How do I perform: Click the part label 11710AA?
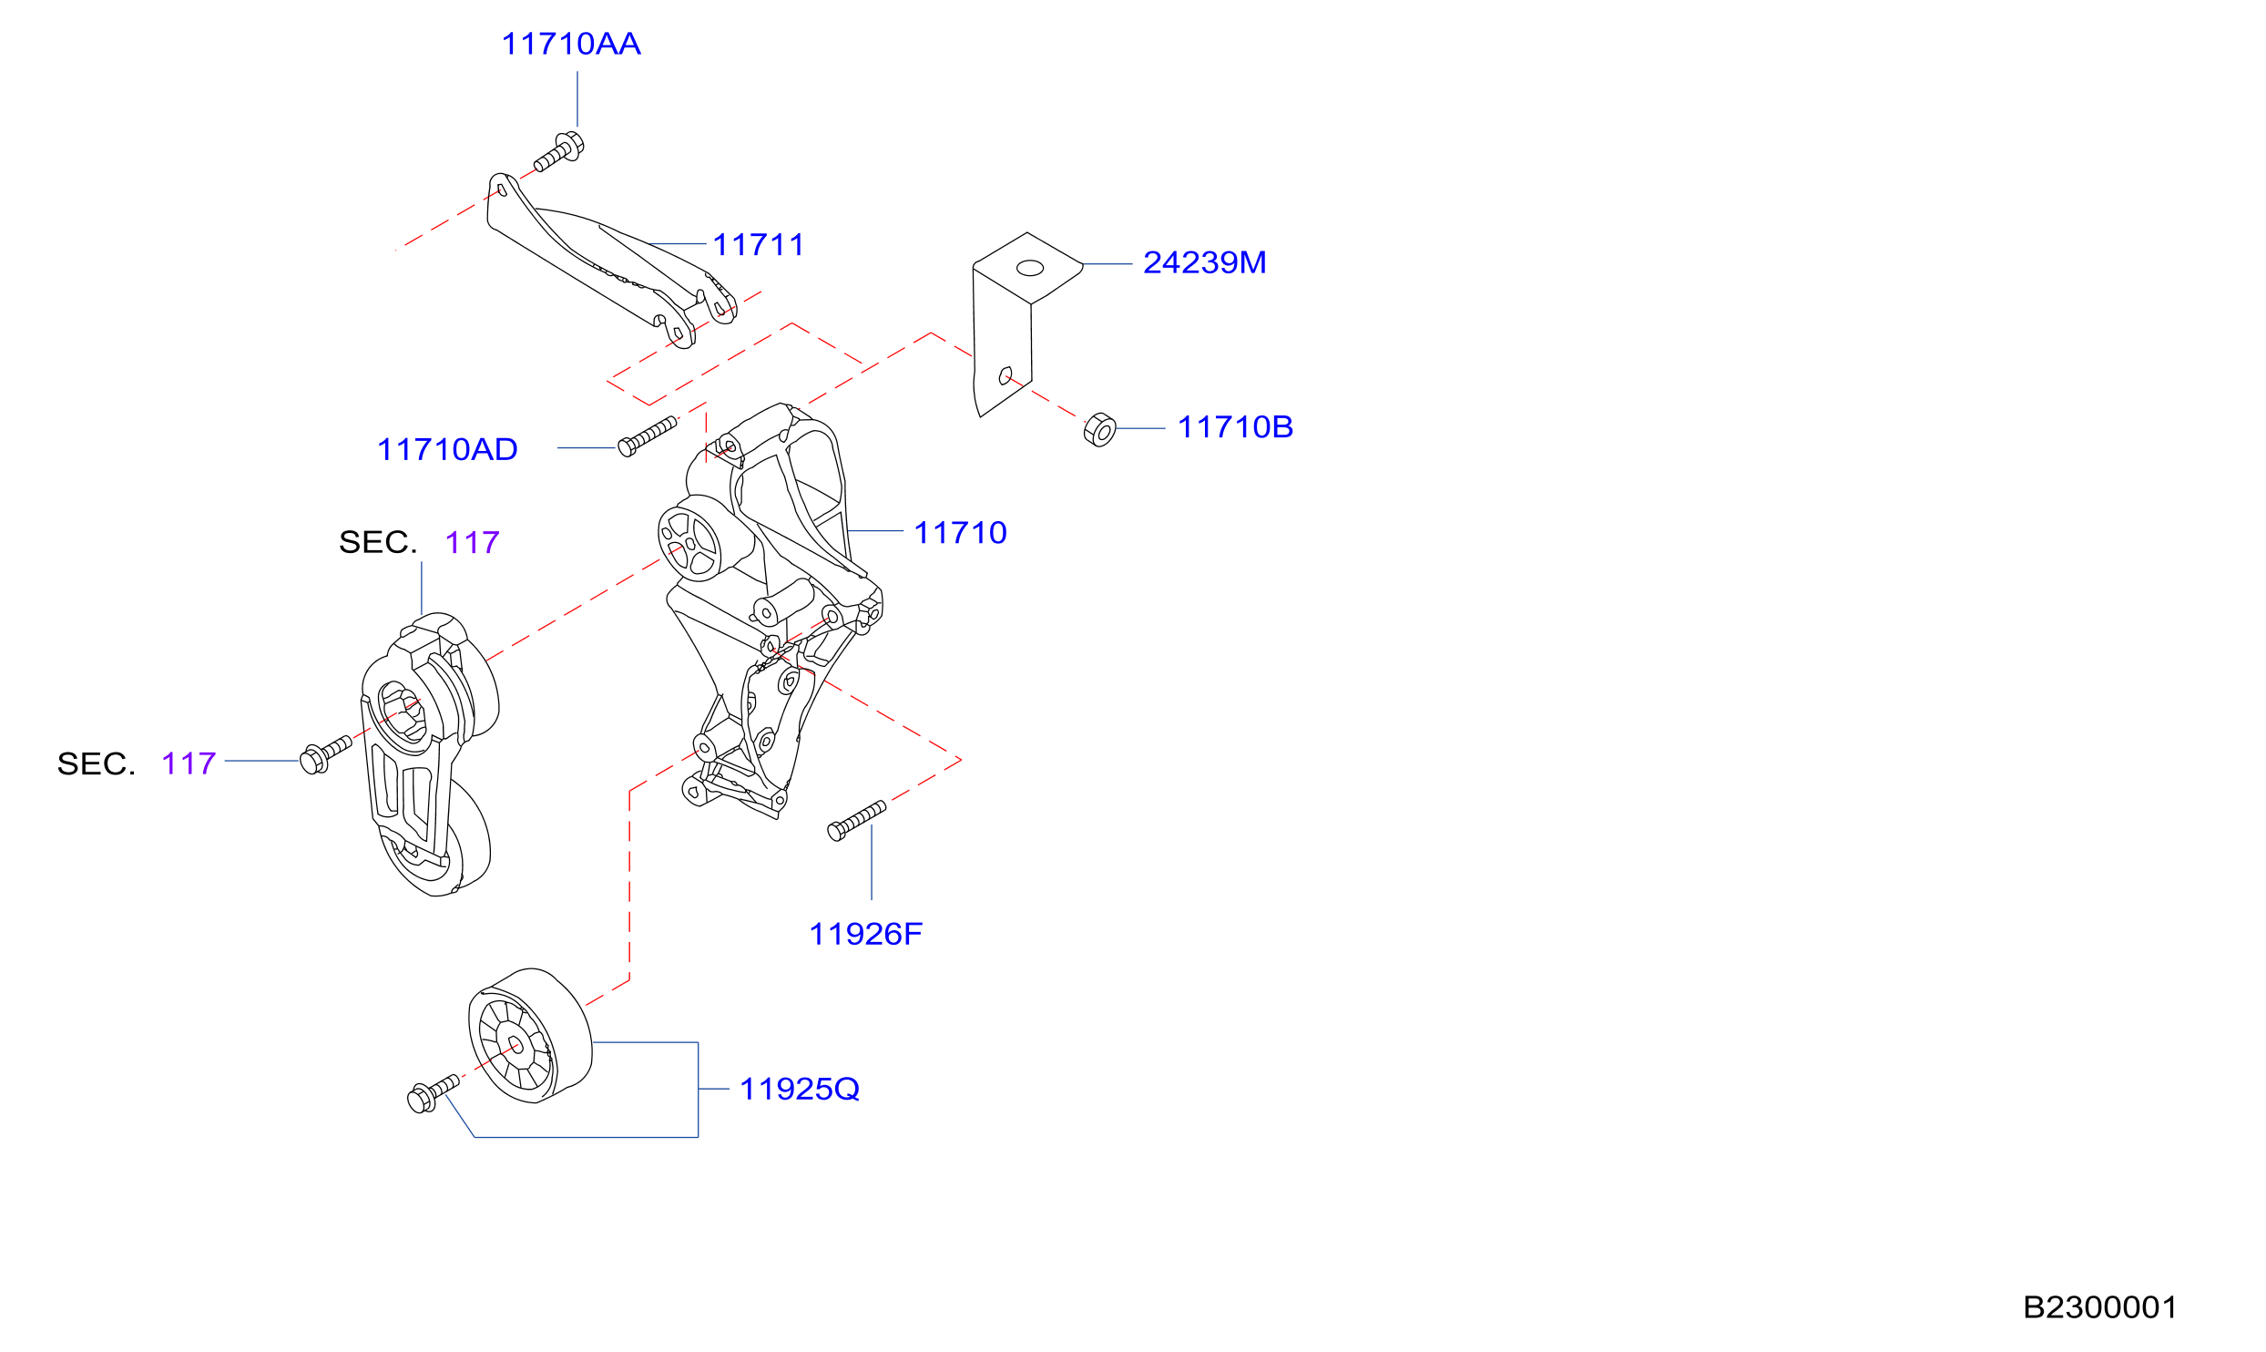571,44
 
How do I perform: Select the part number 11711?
759,244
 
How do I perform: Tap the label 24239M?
1204,262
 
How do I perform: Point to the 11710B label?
1235,426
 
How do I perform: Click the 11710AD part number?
447,449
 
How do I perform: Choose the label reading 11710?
960,532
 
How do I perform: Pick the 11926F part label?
865,934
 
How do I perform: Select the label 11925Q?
800,1089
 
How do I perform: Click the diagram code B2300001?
2099,1307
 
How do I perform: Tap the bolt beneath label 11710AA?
558,152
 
